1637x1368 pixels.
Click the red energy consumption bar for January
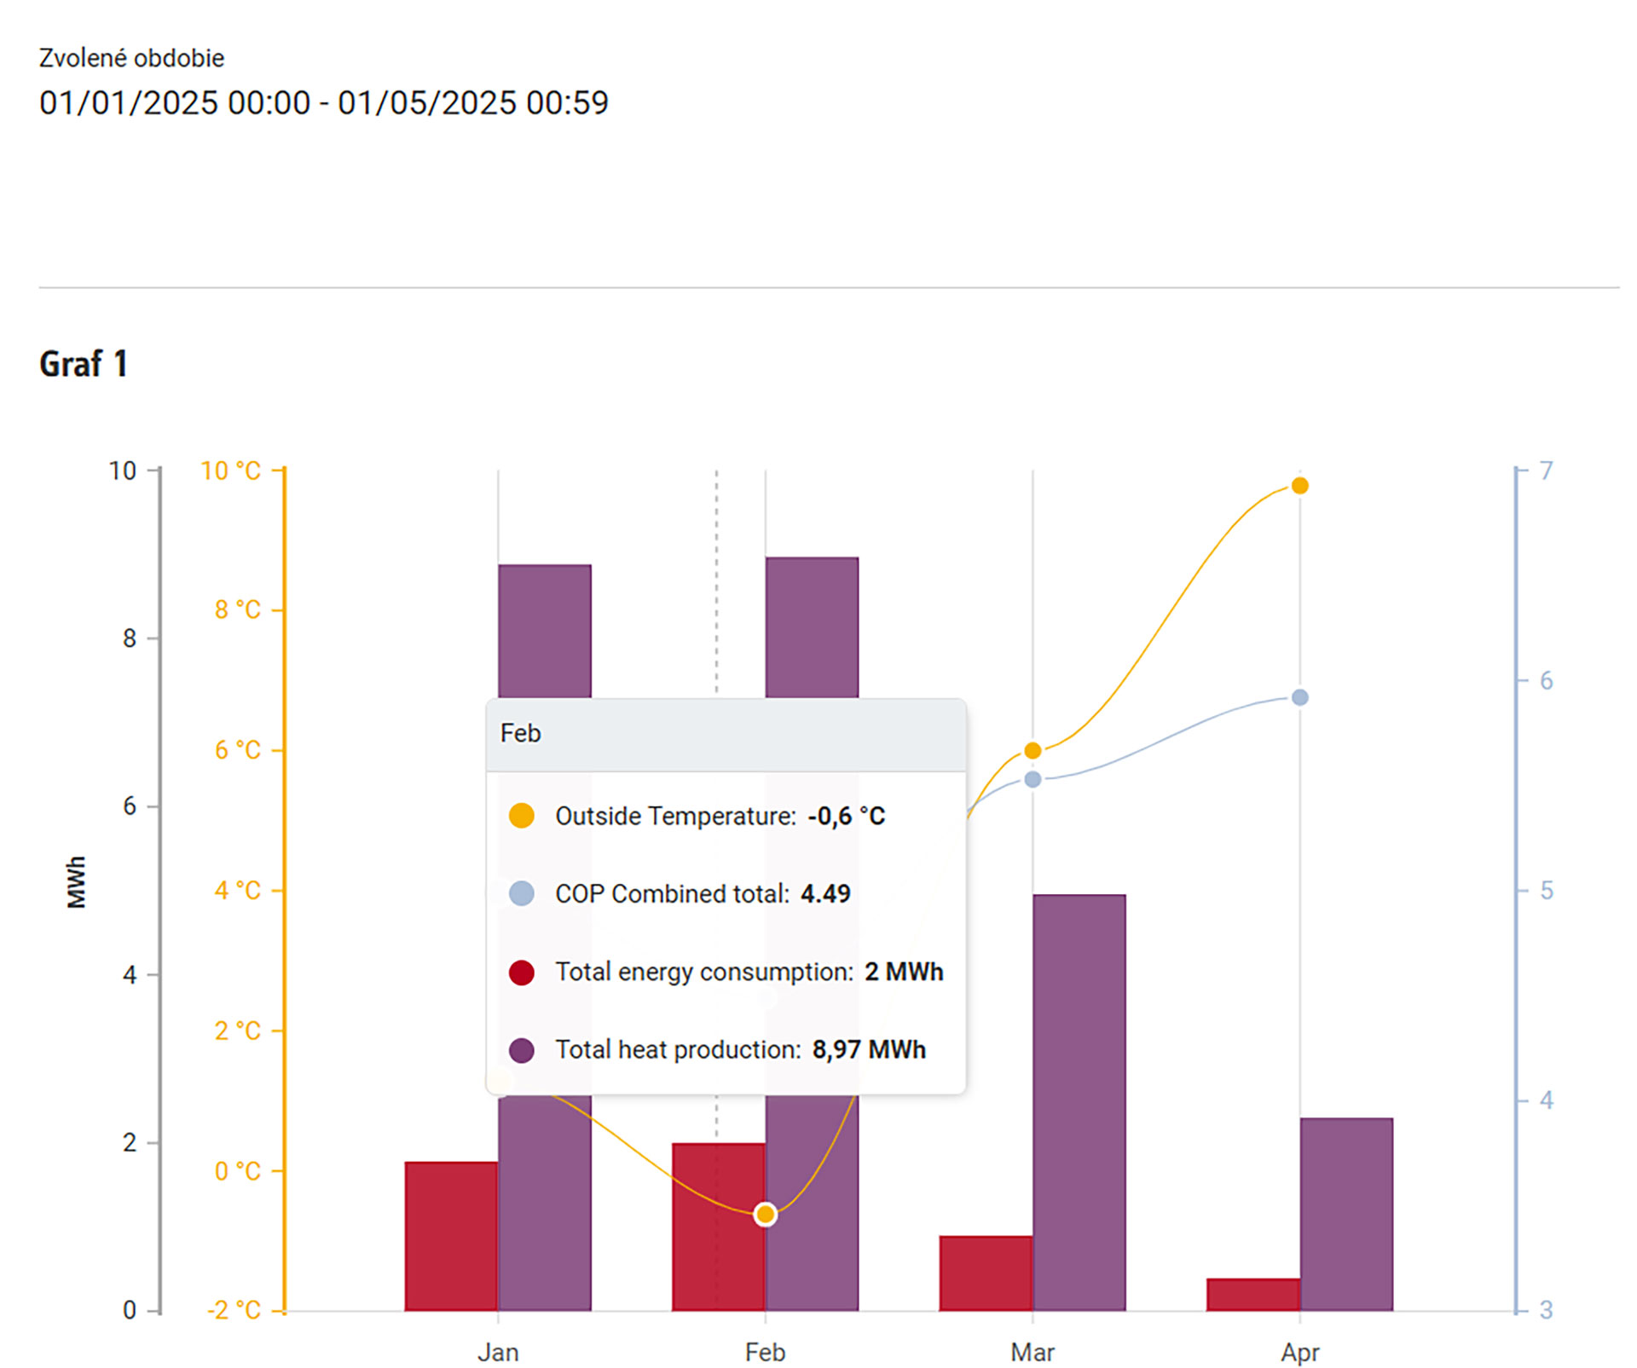tap(451, 1235)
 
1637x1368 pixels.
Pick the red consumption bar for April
tap(1252, 1294)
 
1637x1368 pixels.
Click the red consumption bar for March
tap(986, 1273)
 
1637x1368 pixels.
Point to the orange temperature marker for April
tap(1299, 486)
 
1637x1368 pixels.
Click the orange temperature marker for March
tap(1033, 750)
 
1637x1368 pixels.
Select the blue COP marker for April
tap(1299, 697)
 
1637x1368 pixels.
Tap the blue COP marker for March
tap(1033, 779)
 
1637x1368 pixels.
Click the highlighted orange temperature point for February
tap(766, 1214)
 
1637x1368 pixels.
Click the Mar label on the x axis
tap(1033, 1352)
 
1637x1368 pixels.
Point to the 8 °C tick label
tap(237, 609)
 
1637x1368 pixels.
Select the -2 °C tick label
tap(234, 1310)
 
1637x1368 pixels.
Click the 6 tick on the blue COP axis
tap(1546, 680)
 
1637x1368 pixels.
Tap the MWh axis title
tap(76, 882)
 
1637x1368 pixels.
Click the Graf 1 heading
tap(84, 364)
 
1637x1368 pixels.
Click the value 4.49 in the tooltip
tap(825, 893)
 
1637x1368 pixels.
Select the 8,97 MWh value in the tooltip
tap(869, 1049)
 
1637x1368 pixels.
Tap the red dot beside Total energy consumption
tap(522, 972)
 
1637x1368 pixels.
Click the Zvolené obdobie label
tap(132, 58)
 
